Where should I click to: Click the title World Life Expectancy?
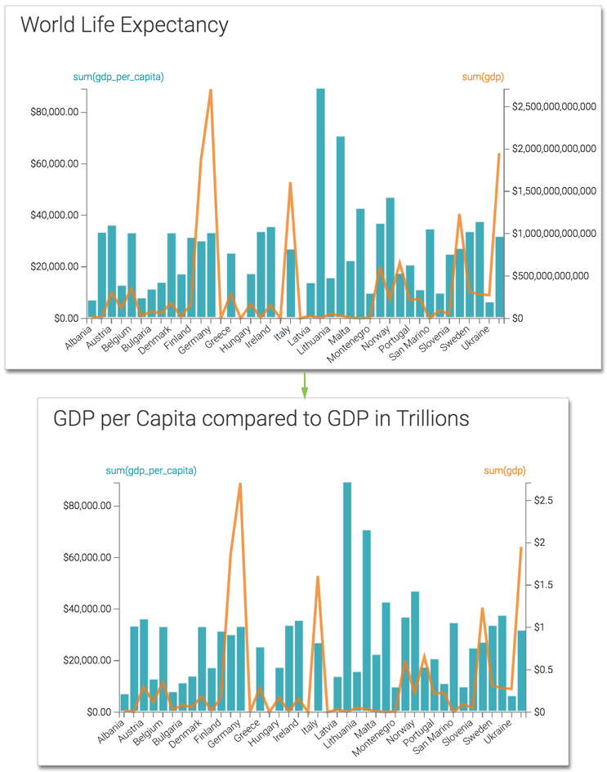point(124,25)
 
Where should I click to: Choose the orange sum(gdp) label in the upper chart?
point(483,78)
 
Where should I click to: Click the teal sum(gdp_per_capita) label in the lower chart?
point(151,471)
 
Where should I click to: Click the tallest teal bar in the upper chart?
point(321,204)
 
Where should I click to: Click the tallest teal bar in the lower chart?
point(347,596)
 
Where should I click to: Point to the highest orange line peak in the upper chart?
point(211,90)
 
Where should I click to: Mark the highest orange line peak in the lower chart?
point(240,484)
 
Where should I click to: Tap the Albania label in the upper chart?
point(80,337)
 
